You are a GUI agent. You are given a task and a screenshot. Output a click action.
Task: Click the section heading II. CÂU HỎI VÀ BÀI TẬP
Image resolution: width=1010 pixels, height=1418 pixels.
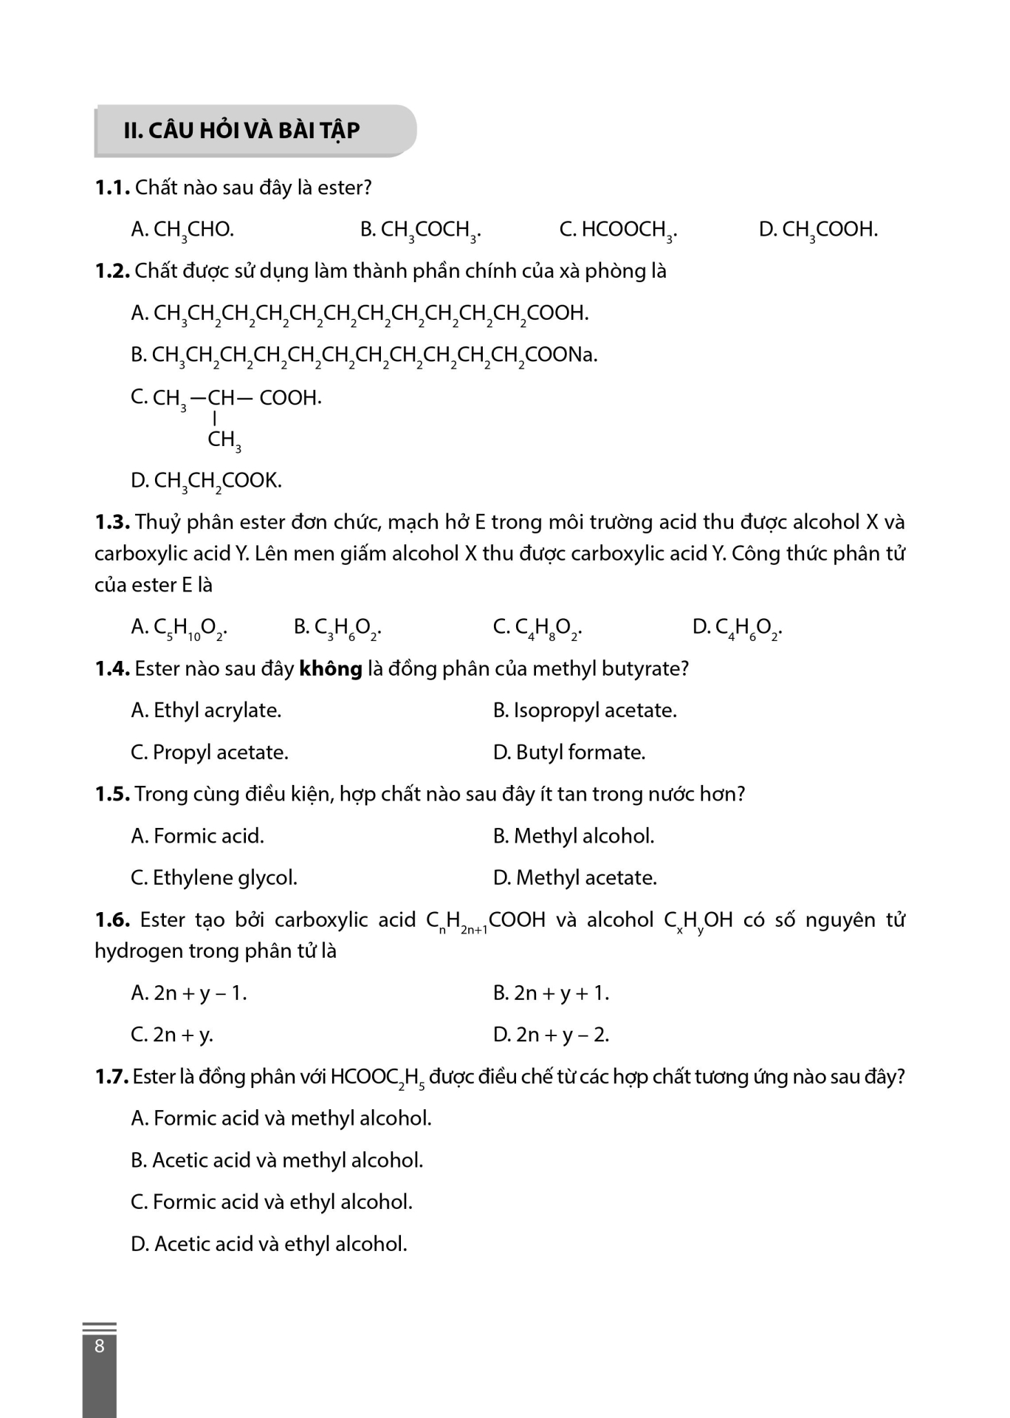coord(241,131)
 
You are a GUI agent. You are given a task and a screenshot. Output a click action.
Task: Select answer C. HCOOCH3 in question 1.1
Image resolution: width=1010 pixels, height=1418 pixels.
coord(618,230)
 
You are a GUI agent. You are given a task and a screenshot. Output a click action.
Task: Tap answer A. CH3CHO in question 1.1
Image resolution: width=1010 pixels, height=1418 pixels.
coord(182,230)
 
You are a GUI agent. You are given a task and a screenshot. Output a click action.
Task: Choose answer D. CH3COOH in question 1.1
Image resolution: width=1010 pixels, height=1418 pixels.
coord(818,230)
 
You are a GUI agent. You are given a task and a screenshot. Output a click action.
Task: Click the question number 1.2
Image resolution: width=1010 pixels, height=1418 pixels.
coord(112,271)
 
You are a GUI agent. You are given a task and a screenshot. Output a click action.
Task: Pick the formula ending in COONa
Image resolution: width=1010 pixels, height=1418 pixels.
coord(364,355)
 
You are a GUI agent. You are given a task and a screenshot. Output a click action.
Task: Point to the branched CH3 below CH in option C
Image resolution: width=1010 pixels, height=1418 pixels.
coord(224,440)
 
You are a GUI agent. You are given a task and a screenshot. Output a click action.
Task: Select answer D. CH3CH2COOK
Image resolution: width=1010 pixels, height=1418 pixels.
coord(206,481)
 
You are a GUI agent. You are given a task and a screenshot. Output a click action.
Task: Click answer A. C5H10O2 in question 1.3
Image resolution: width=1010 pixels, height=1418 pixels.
coord(179,628)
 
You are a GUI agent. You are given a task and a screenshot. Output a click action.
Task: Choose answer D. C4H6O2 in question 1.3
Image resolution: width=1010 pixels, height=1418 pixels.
coord(737,628)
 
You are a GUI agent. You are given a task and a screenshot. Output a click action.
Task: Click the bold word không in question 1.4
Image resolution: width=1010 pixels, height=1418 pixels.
coord(330,669)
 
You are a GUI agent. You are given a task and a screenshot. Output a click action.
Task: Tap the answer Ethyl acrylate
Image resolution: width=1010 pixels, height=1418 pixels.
coord(206,710)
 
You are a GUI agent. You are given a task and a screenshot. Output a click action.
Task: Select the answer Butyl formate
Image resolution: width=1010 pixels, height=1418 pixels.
coord(569,753)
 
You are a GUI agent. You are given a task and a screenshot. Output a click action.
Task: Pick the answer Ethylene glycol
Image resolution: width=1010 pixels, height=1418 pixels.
coord(214,878)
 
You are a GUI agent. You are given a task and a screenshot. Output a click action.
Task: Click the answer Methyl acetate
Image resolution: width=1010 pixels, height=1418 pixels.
coord(575,878)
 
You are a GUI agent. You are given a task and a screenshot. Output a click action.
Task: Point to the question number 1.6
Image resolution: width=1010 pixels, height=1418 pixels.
coord(112,920)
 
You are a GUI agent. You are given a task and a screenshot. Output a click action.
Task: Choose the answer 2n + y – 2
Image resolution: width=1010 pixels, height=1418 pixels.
coord(551,1035)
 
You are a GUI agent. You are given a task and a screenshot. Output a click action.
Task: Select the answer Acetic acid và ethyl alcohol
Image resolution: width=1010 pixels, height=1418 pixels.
coord(269,1244)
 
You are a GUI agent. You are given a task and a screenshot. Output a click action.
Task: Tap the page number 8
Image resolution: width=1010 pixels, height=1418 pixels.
coord(100,1346)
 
